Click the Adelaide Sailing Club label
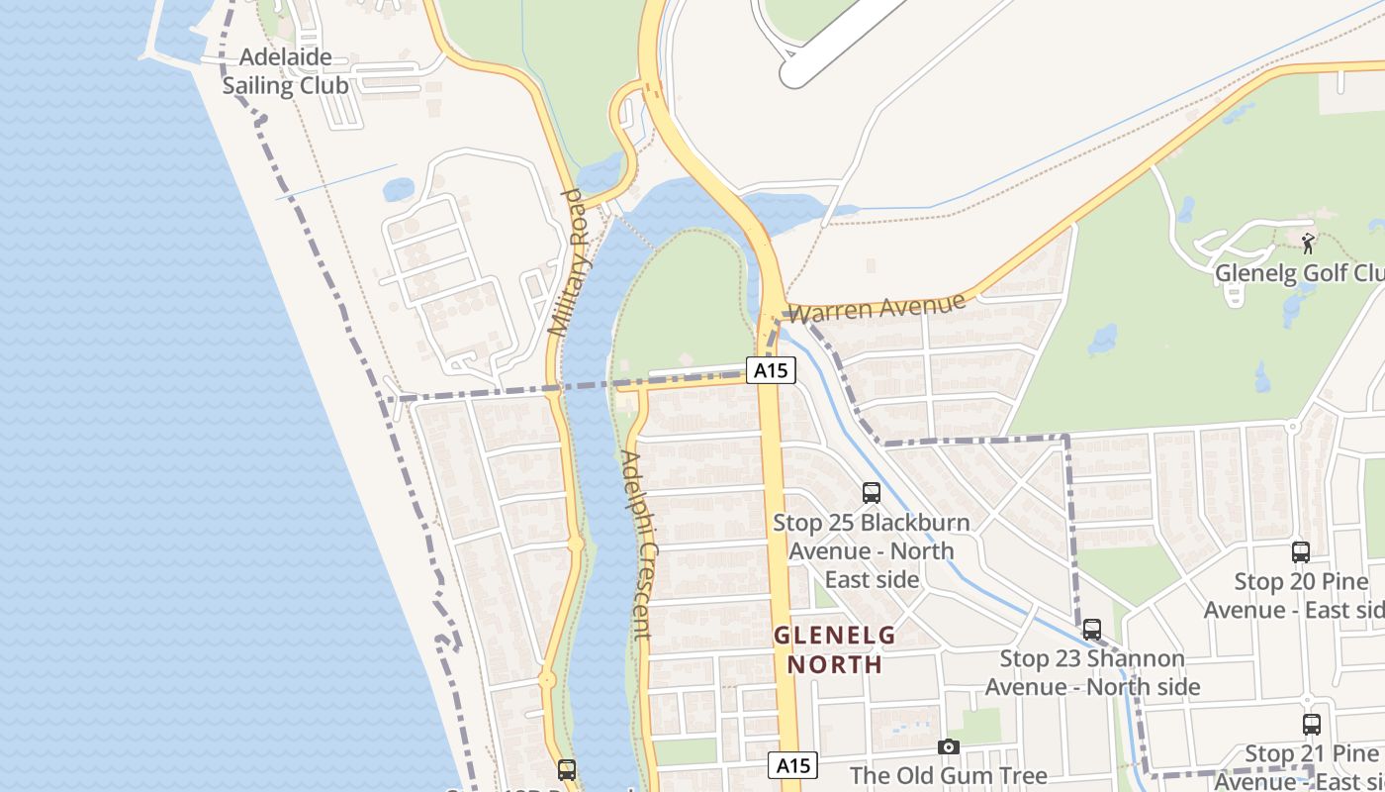click(285, 71)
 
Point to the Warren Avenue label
click(877, 307)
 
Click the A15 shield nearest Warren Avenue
click(771, 370)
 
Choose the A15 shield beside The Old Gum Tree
click(793, 764)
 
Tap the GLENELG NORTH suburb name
click(834, 648)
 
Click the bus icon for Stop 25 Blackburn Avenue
click(872, 492)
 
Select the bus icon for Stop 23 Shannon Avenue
click(1092, 629)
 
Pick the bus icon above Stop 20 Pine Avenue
click(1301, 551)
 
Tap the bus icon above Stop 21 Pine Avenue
click(1312, 724)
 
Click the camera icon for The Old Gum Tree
click(949, 746)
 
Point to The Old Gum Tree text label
click(948, 775)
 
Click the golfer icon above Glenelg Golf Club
click(1309, 243)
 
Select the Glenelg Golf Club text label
click(1298, 272)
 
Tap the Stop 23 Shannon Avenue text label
click(1092, 672)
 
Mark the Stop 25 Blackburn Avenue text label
click(872, 550)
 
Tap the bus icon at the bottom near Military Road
click(567, 768)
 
